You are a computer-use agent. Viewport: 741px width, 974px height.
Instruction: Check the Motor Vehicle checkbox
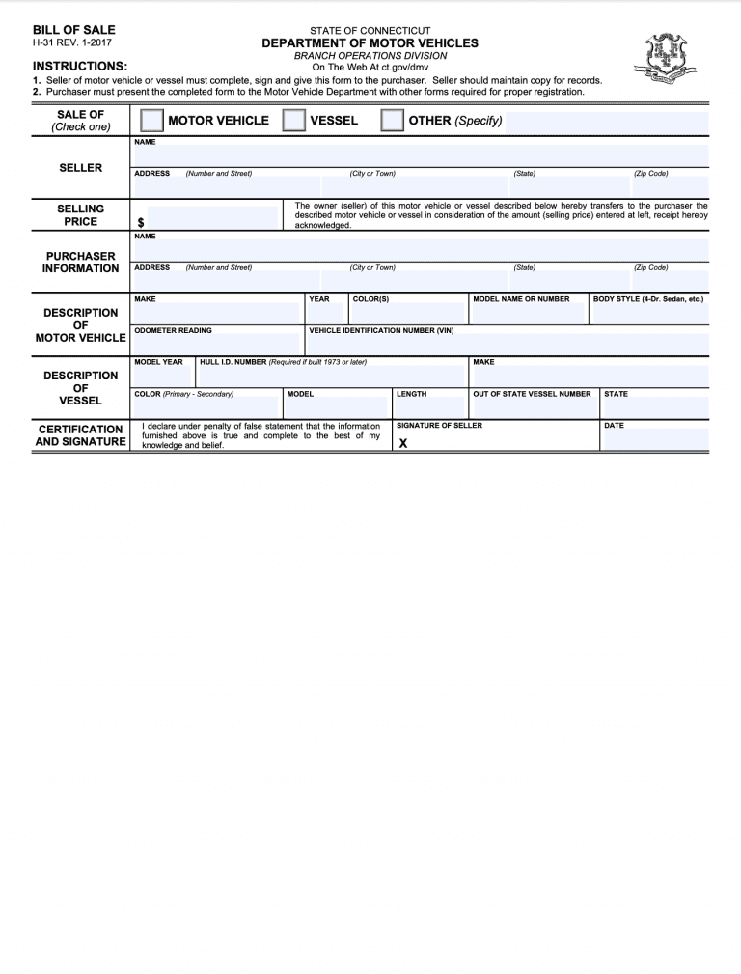[151, 120]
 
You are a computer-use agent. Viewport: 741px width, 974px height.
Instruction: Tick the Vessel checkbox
[293, 120]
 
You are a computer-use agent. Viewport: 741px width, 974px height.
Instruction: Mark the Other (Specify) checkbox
[392, 120]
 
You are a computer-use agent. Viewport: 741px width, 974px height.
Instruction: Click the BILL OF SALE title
[73, 30]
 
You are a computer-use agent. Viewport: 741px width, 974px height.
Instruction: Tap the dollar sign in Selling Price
[141, 222]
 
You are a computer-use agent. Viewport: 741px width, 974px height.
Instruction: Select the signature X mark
[403, 443]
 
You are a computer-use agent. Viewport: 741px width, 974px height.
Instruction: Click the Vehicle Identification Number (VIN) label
[381, 330]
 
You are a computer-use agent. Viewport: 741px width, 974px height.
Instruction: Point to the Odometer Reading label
[173, 330]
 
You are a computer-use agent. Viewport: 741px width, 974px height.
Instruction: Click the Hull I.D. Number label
[283, 362]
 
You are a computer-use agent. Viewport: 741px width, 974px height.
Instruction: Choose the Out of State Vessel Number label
[532, 394]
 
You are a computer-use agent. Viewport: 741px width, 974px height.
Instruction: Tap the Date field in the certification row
[653, 440]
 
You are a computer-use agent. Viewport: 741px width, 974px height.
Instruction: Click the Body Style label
[647, 299]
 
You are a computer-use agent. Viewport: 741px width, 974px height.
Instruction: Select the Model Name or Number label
[521, 299]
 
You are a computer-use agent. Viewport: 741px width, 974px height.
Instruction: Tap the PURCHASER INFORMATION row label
[80, 262]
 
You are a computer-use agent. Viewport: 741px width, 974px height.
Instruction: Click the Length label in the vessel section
[411, 394]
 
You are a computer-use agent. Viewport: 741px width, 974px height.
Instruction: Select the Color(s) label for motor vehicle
[370, 299]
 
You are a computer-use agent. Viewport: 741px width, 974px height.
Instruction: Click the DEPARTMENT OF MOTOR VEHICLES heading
[370, 43]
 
